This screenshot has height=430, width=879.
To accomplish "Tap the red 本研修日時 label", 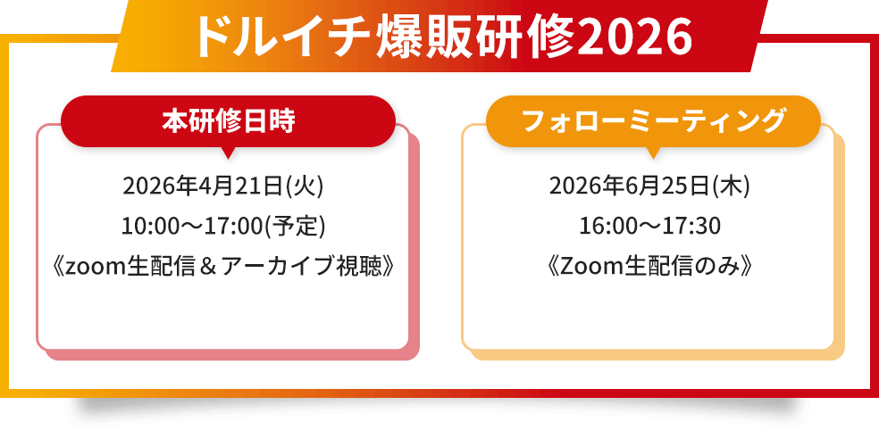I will pyautogui.click(x=228, y=120).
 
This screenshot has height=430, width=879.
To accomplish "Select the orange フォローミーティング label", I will pyautogui.click(x=653, y=120).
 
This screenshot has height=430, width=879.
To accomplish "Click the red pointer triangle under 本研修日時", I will pyautogui.click(x=228, y=153).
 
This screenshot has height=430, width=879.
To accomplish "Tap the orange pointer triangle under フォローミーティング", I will pyautogui.click(x=653, y=153).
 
